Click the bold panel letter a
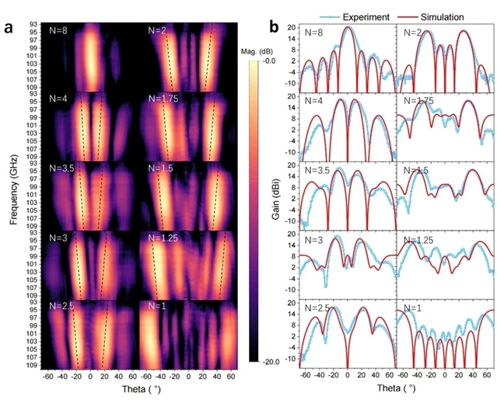[9, 27]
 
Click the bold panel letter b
[275, 27]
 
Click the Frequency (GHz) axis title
[14, 189]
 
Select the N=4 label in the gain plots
[315, 101]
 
